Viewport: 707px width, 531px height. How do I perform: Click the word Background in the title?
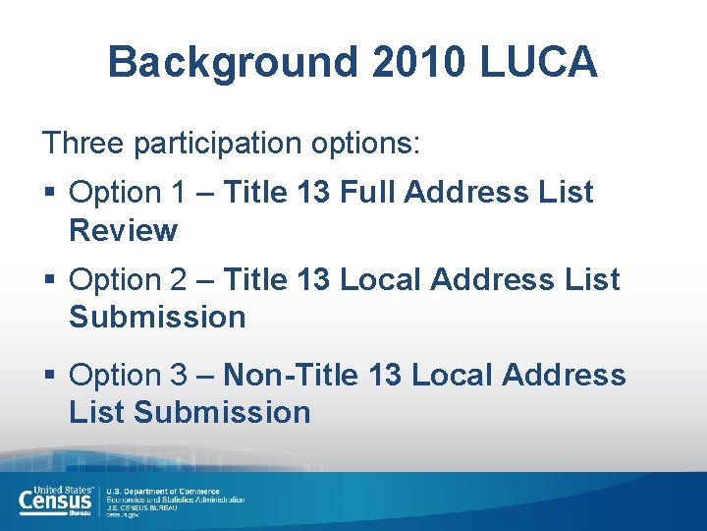(x=233, y=62)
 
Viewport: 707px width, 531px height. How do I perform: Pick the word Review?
(x=123, y=231)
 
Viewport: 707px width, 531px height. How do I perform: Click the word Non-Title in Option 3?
(x=292, y=375)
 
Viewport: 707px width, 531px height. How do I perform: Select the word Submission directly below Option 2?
(x=157, y=318)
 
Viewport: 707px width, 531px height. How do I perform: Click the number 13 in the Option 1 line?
(x=311, y=193)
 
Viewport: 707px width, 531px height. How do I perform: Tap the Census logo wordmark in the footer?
(x=56, y=501)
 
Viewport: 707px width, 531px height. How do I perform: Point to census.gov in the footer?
(x=125, y=515)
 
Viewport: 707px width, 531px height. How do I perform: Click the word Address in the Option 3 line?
(x=564, y=375)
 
